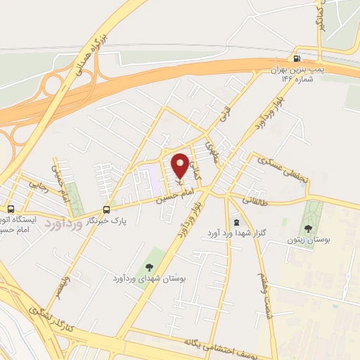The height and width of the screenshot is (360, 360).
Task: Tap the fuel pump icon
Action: tap(297, 59)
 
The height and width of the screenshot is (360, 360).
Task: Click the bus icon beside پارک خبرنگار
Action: tap(106, 209)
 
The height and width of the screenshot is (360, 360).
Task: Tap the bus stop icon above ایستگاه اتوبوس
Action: tap(11, 209)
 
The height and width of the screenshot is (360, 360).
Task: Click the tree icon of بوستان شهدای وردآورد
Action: tap(148, 266)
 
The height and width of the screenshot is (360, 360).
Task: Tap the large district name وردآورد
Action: tap(63, 226)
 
